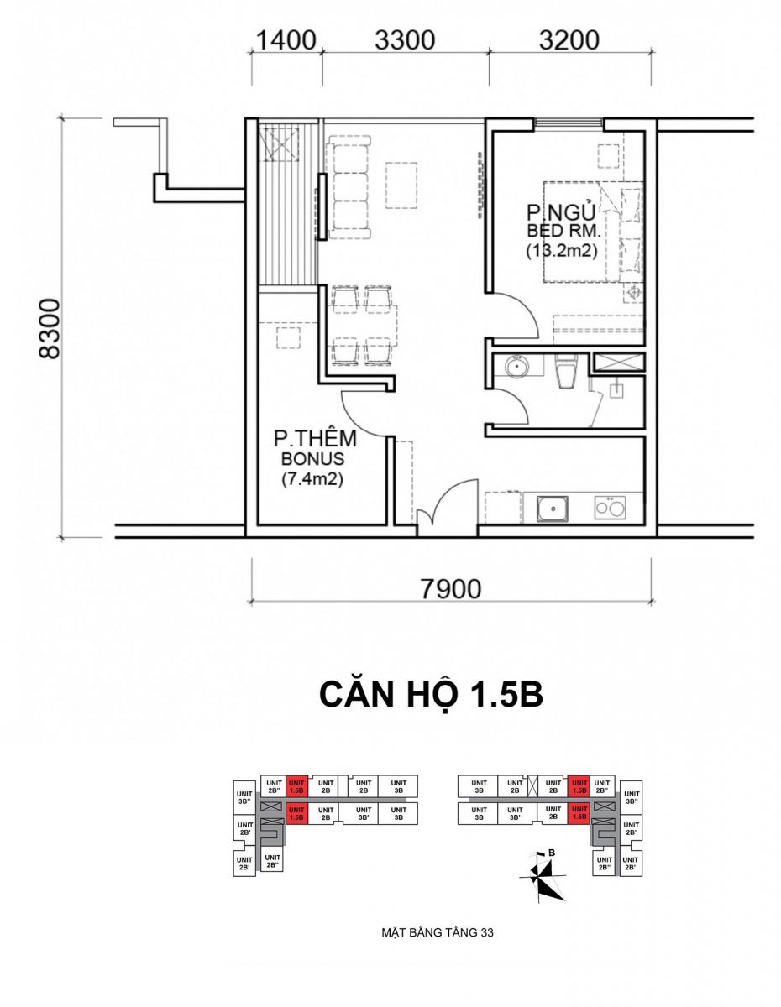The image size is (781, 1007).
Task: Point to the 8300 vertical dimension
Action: click(x=50, y=329)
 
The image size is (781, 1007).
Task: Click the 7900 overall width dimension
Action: click(x=451, y=589)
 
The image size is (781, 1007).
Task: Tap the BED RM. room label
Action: click(x=563, y=230)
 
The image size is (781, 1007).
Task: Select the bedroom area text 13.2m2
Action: click(x=561, y=251)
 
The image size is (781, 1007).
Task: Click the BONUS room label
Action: click(x=313, y=459)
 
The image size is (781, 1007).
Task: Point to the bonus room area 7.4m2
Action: click(x=312, y=480)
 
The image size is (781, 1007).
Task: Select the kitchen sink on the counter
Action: click(x=553, y=509)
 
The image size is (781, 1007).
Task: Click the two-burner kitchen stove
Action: click(x=610, y=508)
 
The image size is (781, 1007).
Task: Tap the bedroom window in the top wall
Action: click(x=569, y=123)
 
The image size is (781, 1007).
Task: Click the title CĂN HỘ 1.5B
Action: click(x=430, y=708)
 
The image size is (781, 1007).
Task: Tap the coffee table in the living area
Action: click(x=401, y=185)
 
